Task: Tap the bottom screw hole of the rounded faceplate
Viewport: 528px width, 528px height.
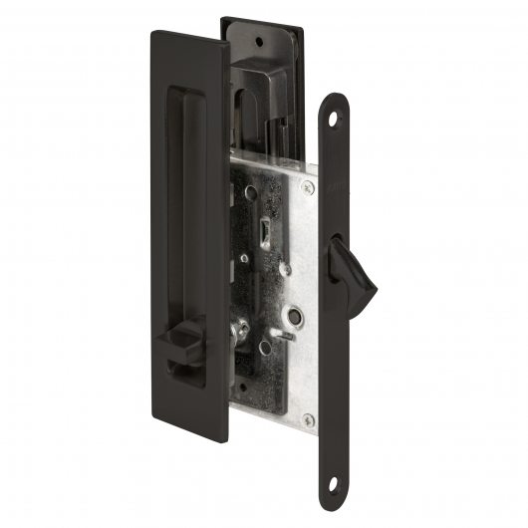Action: point(345,478)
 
